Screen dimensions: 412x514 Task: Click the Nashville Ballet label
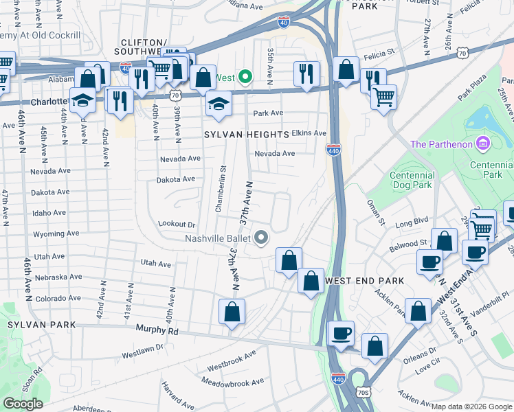[216, 238]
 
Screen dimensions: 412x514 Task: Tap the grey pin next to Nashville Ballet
[261, 238]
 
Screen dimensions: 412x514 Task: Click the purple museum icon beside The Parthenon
[483, 144]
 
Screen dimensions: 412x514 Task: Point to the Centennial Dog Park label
[412, 180]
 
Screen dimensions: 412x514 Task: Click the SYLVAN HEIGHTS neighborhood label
[246, 135]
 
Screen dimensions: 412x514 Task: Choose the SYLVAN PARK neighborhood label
[35, 323]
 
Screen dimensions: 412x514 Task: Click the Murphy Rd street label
[157, 330]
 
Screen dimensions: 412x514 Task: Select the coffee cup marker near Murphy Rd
[341, 334]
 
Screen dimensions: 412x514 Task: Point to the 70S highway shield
[363, 393]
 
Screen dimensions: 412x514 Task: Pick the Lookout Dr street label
[177, 224]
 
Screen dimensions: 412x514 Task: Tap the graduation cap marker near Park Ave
[218, 104]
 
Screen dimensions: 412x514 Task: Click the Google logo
[23, 404]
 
